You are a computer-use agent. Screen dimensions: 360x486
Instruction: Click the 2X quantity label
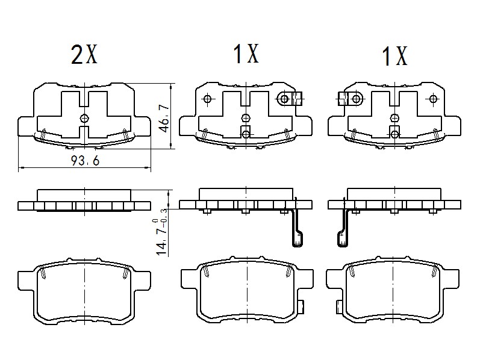click(x=84, y=55)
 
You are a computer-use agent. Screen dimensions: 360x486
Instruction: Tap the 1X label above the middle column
click(x=246, y=55)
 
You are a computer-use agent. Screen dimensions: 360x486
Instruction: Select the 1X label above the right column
click(x=394, y=57)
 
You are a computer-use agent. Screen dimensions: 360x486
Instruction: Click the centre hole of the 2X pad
click(x=84, y=117)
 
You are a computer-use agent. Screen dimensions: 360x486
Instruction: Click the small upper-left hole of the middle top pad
click(x=208, y=99)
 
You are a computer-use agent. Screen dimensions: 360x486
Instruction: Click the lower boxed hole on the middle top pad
click(x=245, y=131)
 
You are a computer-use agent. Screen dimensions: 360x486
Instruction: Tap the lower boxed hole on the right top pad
click(x=394, y=131)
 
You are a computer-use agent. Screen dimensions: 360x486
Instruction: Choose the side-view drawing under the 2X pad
click(x=84, y=201)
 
